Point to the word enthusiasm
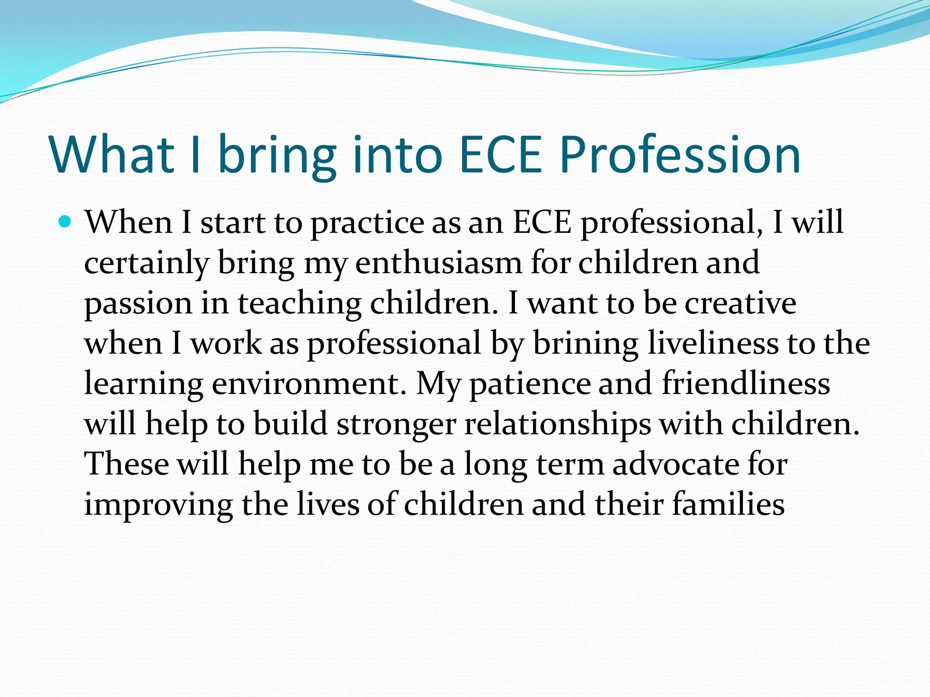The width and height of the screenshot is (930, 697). [x=438, y=263]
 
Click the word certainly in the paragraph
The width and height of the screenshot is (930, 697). [x=147, y=263]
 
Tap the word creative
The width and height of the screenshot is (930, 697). [x=740, y=303]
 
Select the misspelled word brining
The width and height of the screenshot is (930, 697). [x=586, y=344]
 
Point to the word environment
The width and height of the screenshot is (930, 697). [x=309, y=384]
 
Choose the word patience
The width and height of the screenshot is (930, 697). [x=530, y=384]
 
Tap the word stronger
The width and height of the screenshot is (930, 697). [x=396, y=424]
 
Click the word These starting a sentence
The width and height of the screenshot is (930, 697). [x=127, y=465]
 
